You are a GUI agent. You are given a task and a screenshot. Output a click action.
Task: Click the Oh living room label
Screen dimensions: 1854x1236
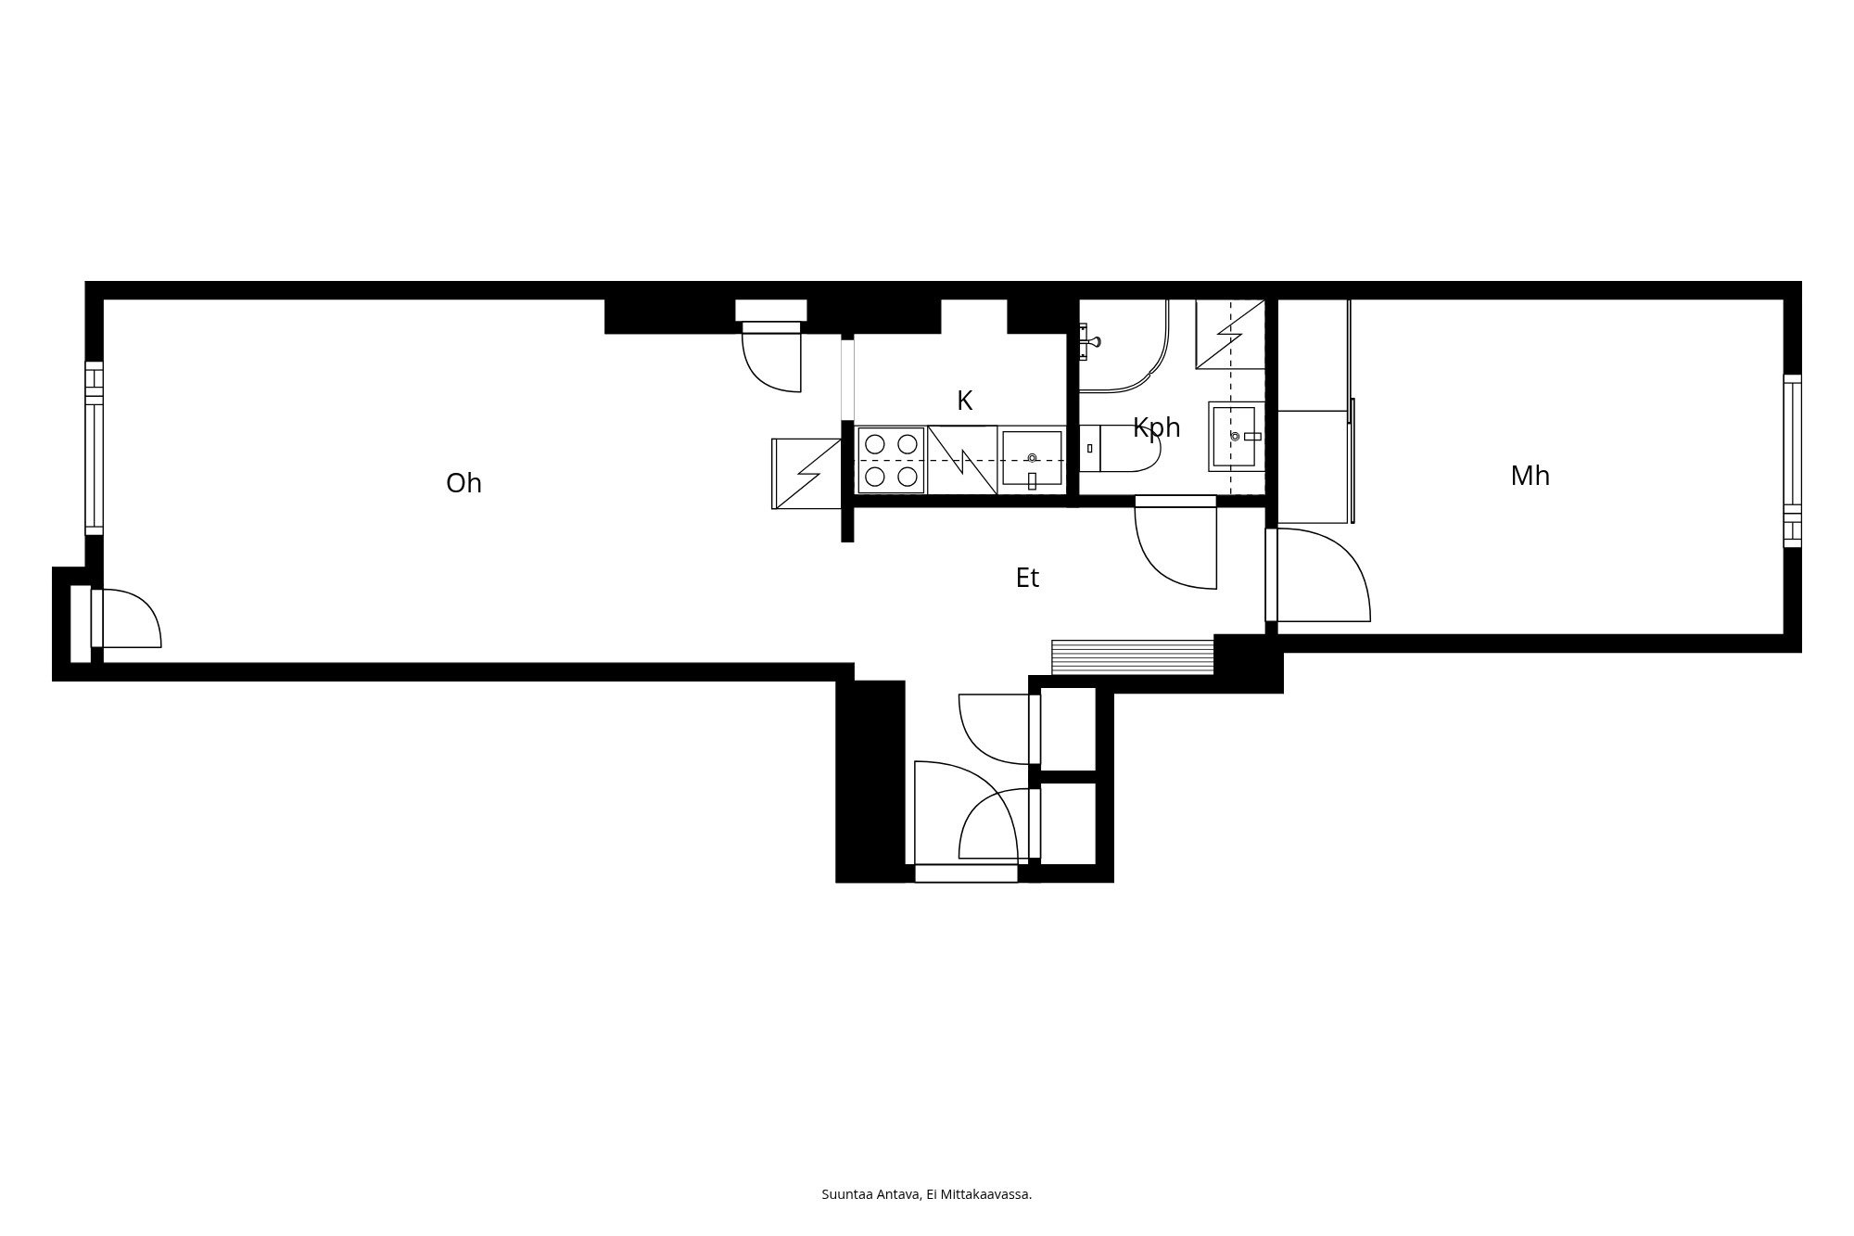click(x=463, y=483)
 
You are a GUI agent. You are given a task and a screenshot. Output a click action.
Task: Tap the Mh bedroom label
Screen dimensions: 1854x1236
click(x=1530, y=476)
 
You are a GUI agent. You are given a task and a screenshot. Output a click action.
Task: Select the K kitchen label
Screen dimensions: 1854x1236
click(x=964, y=401)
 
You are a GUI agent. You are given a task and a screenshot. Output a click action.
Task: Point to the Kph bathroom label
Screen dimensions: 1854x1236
click(x=1156, y=428)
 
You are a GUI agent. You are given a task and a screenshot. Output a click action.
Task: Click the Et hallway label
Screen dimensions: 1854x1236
click(x=1027, y=578)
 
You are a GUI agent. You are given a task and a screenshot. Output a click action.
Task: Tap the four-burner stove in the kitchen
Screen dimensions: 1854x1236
click(x=891, y=460)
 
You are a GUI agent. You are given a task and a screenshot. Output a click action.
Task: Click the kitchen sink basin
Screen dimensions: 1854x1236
click(x=1032, y=458)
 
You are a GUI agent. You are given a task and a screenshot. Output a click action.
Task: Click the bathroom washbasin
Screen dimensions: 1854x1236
click(x=1236, y=436)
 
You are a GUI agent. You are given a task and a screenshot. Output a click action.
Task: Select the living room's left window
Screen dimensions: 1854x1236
click(x=94, y=449)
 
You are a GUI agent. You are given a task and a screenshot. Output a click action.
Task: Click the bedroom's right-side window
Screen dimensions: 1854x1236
click(x=1793, y=461)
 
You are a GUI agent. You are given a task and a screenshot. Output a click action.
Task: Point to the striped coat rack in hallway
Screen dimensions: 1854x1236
click(x=1133, y=656)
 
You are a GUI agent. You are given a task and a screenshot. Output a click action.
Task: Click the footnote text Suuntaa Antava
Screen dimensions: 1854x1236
click(x=870, y=1194)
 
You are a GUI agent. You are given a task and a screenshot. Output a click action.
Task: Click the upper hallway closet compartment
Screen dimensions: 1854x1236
click(x=1068, y=729)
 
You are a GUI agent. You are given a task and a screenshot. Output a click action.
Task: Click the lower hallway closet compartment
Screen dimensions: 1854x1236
click(x=1068, y=823)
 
